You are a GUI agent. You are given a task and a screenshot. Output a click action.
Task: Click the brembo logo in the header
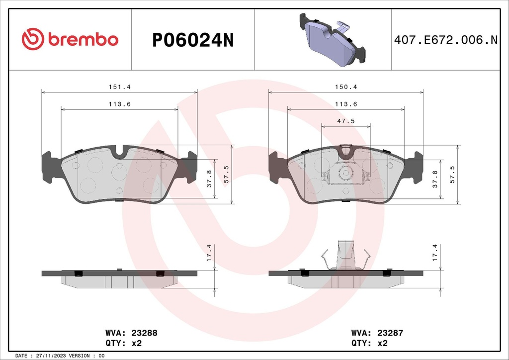70,39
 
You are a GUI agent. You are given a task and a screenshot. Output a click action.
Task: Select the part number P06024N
192,40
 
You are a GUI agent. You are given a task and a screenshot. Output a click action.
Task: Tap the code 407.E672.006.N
445,40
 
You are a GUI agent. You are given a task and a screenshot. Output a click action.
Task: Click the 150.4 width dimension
346,87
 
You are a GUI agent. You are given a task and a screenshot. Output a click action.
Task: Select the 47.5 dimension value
345,121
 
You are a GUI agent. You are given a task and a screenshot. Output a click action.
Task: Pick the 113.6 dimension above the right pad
346,104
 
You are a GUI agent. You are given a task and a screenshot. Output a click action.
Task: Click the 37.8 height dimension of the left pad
209,179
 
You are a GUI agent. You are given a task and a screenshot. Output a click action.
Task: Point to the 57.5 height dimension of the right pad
452,175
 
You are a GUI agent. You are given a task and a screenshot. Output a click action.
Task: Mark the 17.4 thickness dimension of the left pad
209,253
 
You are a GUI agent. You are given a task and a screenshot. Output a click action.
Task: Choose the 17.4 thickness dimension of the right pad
435,253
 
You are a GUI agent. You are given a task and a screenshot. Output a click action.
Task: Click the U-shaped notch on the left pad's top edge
119,152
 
